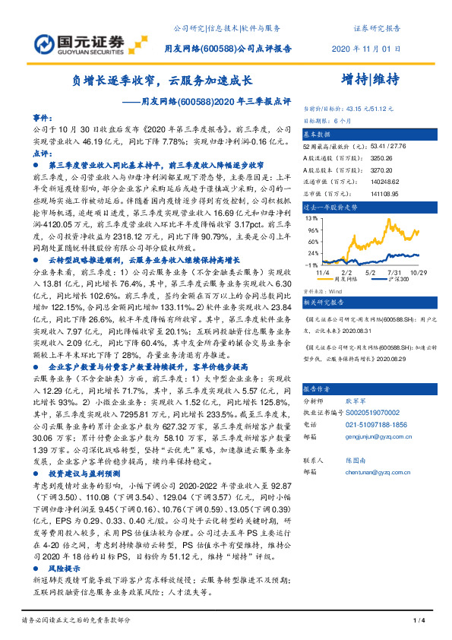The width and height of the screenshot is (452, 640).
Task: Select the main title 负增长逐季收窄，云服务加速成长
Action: (x=163, y=80)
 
